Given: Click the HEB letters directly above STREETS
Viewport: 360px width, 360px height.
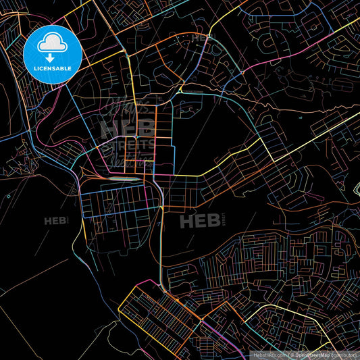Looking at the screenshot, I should [126, 127].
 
